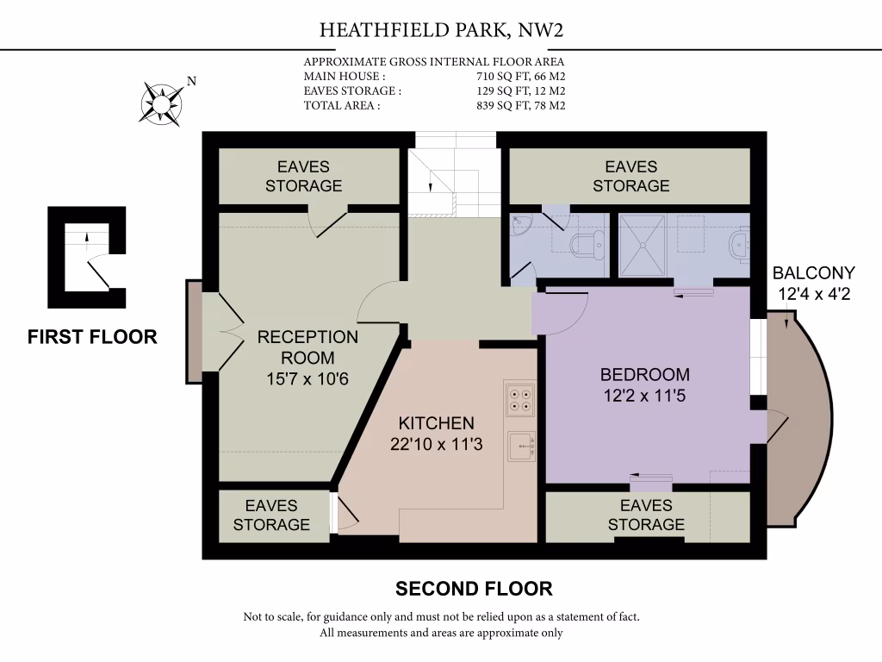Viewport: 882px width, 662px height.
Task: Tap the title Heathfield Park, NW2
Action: click(x=441, y=31)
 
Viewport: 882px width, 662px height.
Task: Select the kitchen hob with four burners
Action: click(x=520, y=398)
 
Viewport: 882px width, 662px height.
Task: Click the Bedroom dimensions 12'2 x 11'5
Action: click(x=644, y=397)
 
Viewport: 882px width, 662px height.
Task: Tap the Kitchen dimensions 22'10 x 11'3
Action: click(x=436, y=445)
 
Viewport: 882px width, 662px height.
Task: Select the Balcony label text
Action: click(x=813, y=273)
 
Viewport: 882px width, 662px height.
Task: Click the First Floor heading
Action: click(x=92, y=337)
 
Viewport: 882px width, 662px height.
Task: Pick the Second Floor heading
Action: click(x=473, y=589)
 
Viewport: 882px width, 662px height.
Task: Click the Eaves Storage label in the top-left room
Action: click(x=303, y=176)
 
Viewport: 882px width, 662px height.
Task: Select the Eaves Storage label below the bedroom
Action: click(x=646, y=515)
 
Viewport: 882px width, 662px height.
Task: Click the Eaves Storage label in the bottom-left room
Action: click(x=271, y=515)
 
